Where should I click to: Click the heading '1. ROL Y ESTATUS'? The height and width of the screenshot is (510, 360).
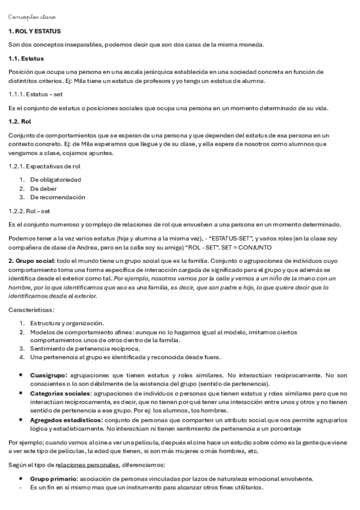point(34,31)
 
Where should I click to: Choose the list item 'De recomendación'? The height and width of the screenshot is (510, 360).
point(58,197)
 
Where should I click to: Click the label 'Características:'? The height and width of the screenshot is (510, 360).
point(31,310)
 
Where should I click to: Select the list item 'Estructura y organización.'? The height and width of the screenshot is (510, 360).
point(67,324)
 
